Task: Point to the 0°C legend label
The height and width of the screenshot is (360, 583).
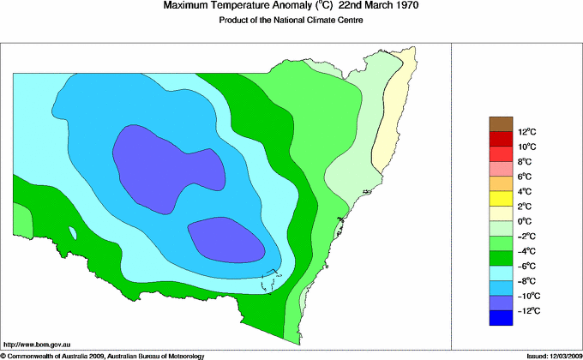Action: click(x=526, y=221)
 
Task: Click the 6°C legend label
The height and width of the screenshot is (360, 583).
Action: click(x=526, y=177)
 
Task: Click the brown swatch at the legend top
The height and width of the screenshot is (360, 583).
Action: click(x=501, y=124)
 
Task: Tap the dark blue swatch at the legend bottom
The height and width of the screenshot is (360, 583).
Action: click(x=501, y=318)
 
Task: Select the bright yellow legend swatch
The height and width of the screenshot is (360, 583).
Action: click(x=501, y=199)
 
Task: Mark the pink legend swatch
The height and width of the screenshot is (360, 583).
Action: click(x=501, y=169)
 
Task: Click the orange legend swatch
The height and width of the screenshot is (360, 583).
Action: click(x=501, y=183)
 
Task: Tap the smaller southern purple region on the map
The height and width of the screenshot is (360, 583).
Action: click(x=225, y=238)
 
